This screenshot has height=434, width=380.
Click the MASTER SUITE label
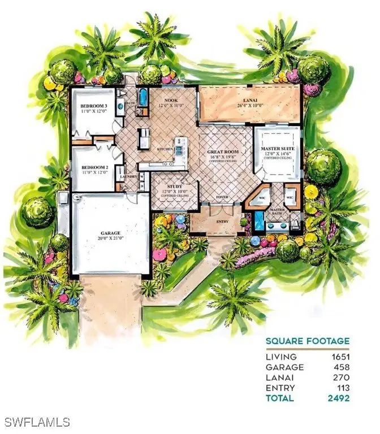278,149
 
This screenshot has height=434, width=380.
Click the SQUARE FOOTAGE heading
307,341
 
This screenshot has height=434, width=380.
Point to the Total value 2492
338,398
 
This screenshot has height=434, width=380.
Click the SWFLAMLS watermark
36,422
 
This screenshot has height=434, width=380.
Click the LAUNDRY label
129,176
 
